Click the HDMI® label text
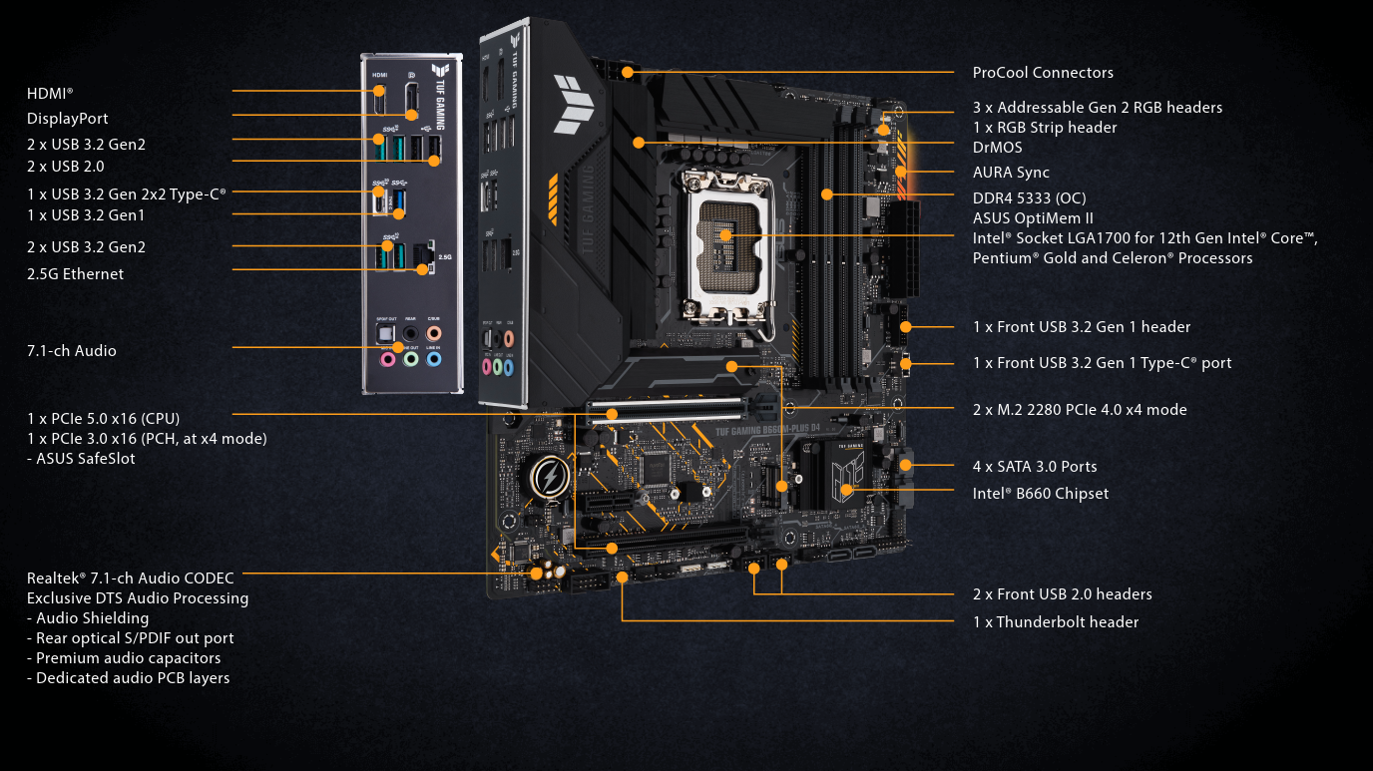tap(50, 93)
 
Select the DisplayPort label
tap(68, 119)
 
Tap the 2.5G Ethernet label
tap(76, 274)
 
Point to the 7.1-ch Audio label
tap(72, 351)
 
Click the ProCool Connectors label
tap(1043, 73)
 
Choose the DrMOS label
tap(997, 148)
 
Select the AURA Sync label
tap(1011, 173)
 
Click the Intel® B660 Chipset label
tap(1040, 494)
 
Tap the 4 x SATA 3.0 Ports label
tap(1034, 467)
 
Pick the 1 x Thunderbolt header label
tap(1055, 622)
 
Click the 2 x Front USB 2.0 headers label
tap(1062, 594)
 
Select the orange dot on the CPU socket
tap(725, 235)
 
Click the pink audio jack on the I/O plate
tap(387, 358)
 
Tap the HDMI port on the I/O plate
tap(379, 99)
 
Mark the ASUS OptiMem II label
tap(1033, 218)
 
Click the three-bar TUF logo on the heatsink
tap(575, 105)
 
